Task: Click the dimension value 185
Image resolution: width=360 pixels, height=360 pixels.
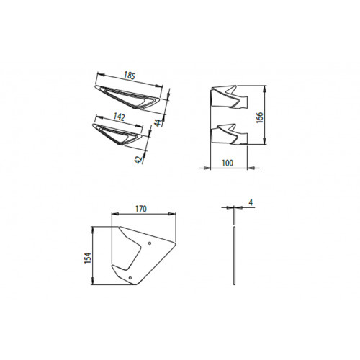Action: pyautogui.click(x=130, y=76)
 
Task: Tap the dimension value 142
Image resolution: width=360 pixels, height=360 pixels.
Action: pyautogui.click(x=119, y=117)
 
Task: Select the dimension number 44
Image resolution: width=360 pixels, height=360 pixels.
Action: pyautogui.click(x=158, y=122)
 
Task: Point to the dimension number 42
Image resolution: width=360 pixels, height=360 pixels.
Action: pyautogui.click(x=138, y=160)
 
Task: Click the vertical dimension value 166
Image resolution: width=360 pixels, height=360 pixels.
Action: pyautogui.click(x=259, y=117)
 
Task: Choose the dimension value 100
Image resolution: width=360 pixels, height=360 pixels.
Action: pyautogui.click(x=228, y=163)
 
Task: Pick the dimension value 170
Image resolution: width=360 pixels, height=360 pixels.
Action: pyautogui.click(x=141, y=209)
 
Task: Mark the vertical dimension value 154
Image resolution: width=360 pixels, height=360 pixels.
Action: pyautogui.click(x=88, y=258)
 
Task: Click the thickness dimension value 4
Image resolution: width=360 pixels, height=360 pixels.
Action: pyautogui.click(x=251, y=202)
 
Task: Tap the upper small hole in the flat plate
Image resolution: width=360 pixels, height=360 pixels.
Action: pyautogui.click(x=150, y=243)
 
